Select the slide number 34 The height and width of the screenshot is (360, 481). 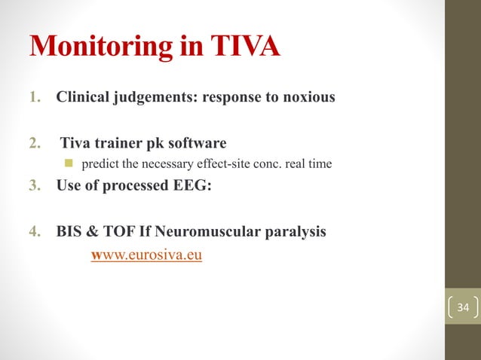[x=462, y=307]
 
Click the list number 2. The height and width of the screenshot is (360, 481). [x=35, y=143]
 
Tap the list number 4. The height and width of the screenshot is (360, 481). [x=35, y=231]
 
